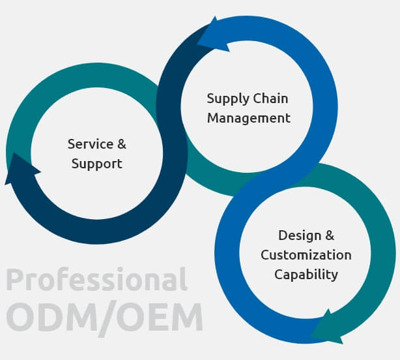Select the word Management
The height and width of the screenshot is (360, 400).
[x=249, y=118]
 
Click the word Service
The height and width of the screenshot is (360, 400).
[x=91, y=144]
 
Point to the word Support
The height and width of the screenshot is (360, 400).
[x=97, y=164]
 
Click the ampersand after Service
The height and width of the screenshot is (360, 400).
[x=122, y=144]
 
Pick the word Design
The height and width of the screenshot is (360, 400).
[x=300, y=236]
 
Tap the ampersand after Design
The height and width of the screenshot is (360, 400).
[x=330, y=235]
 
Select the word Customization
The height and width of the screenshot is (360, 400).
[x=306, y=255]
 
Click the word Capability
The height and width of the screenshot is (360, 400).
[x=306, y=275]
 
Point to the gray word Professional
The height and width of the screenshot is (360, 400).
[x=96, y=279]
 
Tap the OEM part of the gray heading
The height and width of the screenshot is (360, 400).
[x=160, y=316]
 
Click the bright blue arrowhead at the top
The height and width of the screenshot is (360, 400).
[x=213, y=36]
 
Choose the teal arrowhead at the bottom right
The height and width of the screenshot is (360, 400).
[x=328, y=328]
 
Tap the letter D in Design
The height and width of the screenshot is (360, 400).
[x=283, y=235]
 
